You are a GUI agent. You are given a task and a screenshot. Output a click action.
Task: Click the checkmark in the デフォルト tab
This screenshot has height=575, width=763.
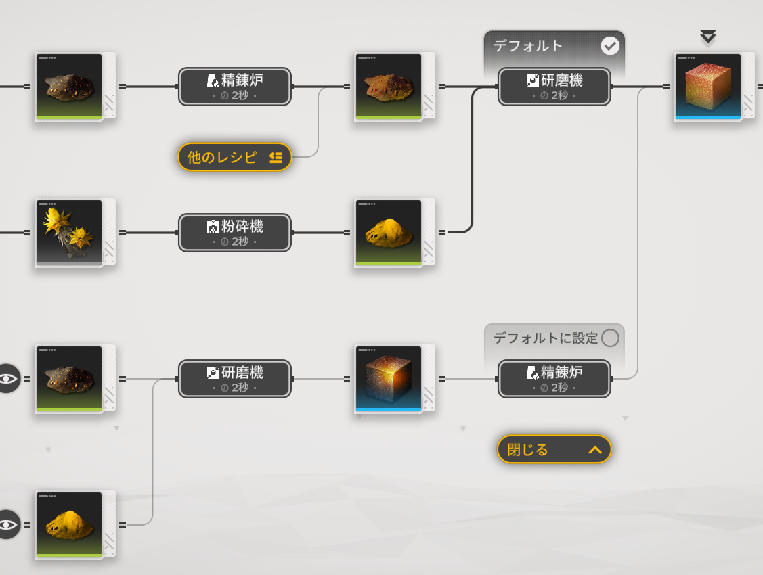pyautogui.click(x=610, y=46)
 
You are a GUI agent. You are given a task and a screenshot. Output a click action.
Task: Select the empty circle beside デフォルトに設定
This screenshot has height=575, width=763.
pyautogui.click(x=610, y=338)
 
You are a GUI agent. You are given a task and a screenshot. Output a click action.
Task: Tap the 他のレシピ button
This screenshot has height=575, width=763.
pyautogui.click(x=234, y=157)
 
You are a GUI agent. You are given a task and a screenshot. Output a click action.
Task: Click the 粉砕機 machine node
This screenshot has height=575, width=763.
pyautogui.click(x=235, y=233)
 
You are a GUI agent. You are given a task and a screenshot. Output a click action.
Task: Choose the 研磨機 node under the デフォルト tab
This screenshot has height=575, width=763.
pyautogui.click(x=554, y=87)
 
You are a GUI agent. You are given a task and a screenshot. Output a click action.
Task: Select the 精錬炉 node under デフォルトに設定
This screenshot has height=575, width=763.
pyautogui.click(x=554, y=379)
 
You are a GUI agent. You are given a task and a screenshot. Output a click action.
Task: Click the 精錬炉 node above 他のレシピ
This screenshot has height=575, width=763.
pyautogui.click(x=235, y=87)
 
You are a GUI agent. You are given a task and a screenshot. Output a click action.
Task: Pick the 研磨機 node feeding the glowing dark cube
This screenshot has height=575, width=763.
pyautogui.click(x=235, y=379)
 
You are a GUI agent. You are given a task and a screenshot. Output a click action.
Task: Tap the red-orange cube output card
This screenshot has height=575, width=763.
pyautogui.click(x=708, y=87)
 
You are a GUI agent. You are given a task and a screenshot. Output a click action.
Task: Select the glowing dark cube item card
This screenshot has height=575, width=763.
pyautogui.click(x=389, y=378)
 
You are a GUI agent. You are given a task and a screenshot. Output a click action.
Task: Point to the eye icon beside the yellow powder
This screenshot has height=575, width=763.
pyautogui.click(x=8, y=524)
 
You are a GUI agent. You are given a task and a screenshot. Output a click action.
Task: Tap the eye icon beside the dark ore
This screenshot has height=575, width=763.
pyautogui.click(x=8, y=378)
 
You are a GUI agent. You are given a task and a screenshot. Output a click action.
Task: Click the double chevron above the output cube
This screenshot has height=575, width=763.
pyautogui.click(x=708, y=37)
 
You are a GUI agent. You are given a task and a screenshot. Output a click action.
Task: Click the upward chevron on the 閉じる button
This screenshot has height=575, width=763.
pyautogui.click(x=595, y=450)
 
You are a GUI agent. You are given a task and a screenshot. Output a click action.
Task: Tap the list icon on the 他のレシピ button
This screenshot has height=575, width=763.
pyautogui.click(x=276, y=158)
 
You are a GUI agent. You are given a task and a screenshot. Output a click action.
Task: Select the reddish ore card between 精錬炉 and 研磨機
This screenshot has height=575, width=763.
pyautogui.click(x=389, y=87)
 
